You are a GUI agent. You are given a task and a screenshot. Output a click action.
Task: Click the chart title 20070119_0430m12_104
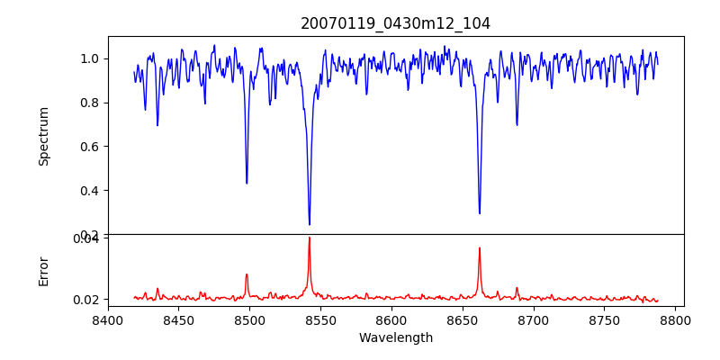coord(396,23)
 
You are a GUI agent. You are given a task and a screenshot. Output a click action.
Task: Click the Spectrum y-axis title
coord(43,136)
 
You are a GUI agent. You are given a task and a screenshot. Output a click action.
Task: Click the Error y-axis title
coord(43,271)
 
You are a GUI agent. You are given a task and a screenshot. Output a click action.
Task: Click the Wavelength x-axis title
coord(396,338)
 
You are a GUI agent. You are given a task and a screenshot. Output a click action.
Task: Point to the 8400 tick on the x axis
coord(108,319)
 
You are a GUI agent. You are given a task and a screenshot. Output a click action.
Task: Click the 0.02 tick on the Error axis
coord(85,300)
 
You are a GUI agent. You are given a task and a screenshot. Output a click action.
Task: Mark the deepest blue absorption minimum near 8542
coord(310,224)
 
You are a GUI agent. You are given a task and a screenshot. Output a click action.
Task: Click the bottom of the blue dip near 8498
coord(247,184)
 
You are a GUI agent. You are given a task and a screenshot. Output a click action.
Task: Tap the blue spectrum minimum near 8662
coord(480,213)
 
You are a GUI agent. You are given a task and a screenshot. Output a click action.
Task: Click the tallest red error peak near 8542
coord(310,238)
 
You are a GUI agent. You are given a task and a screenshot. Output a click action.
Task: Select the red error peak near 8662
coord(480,247)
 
